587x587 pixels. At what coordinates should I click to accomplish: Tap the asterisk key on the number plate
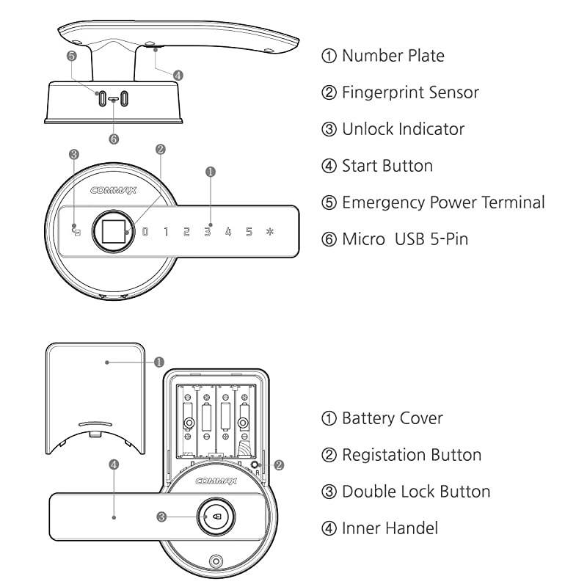(269, 232)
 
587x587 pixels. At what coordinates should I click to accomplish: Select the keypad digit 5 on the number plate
(249, 232)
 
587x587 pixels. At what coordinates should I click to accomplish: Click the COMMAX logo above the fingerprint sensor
(109, 190)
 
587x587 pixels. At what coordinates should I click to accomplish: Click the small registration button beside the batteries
(254, 465)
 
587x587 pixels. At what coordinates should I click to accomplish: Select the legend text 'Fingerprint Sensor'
(410, 92)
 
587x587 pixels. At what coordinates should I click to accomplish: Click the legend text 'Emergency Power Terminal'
(443, 203)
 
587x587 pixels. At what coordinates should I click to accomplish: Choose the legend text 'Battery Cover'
(392, 418)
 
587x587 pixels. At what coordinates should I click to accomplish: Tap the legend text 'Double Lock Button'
(416, 491)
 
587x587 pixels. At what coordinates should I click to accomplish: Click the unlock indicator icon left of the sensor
(76, 232)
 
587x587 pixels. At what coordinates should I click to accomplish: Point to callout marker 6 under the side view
(113, 137)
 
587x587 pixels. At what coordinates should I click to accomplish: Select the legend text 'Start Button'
(387, 166)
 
